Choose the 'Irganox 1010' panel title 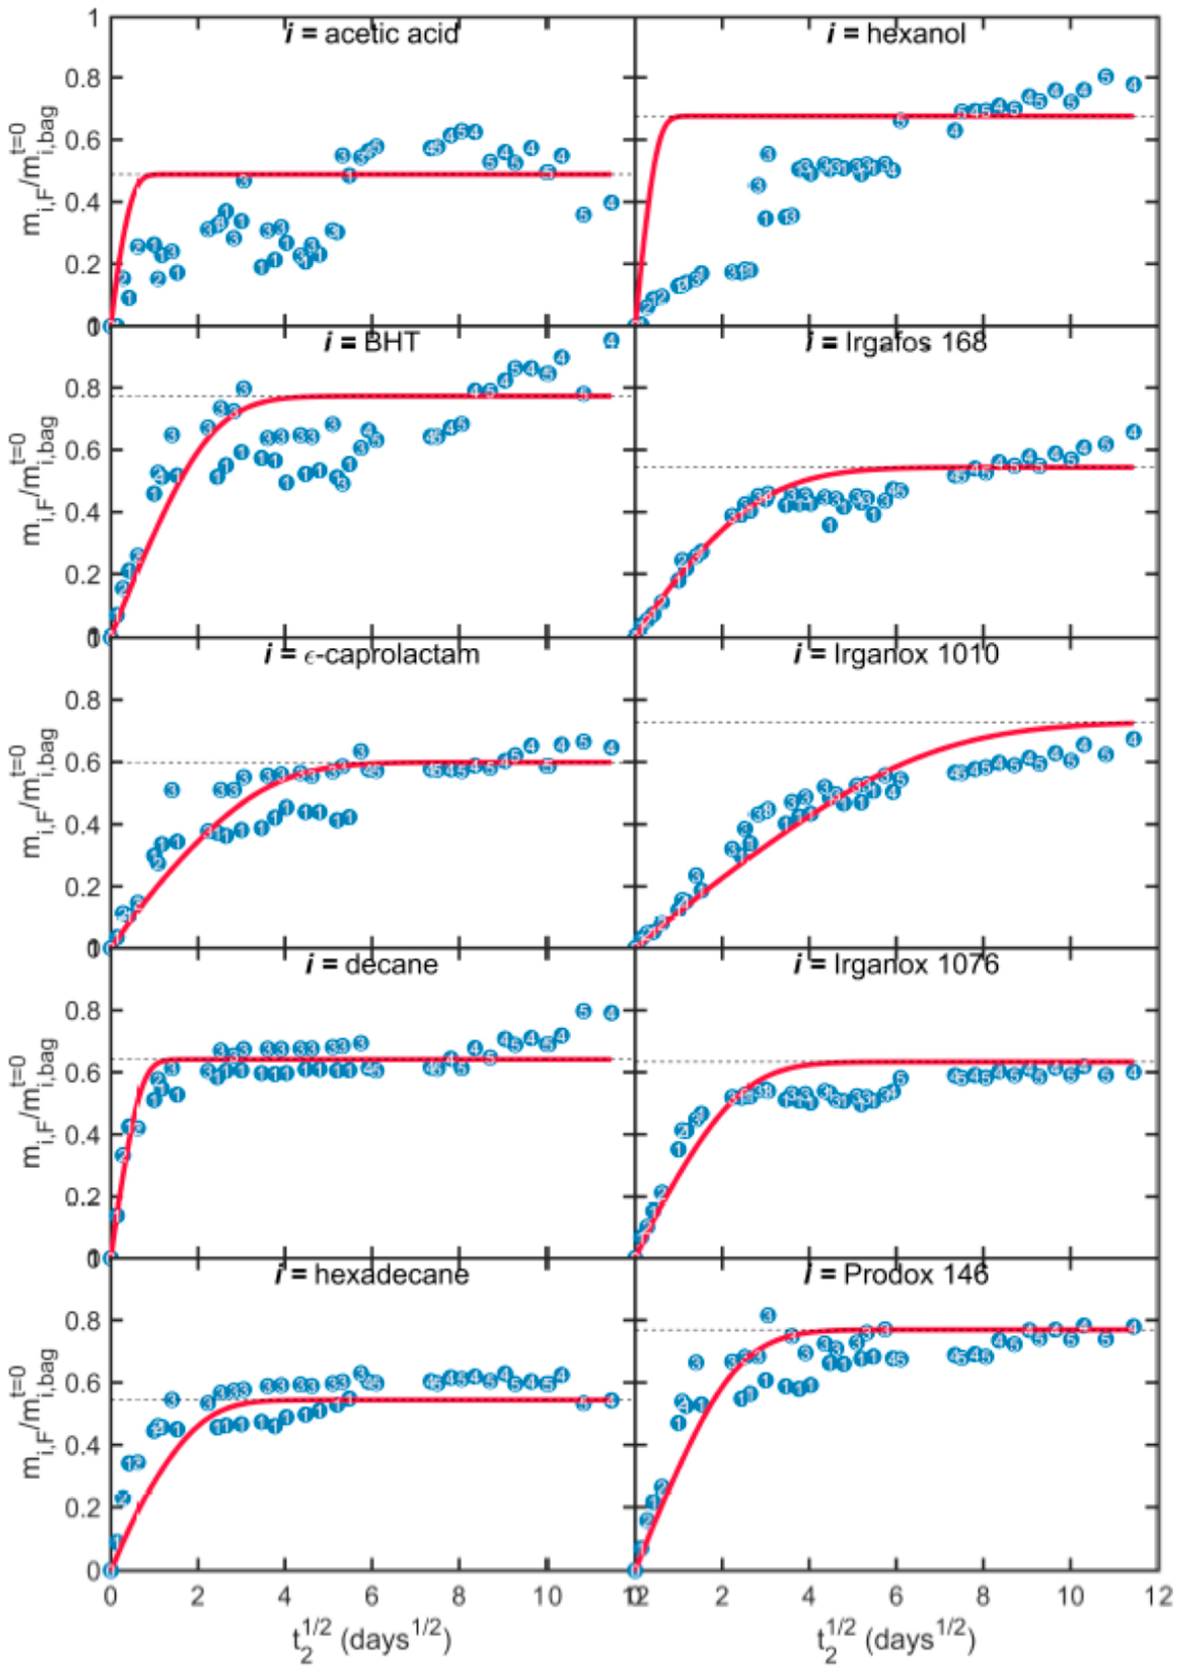[x=897, y=653]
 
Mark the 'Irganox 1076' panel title [x=897, y=964]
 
